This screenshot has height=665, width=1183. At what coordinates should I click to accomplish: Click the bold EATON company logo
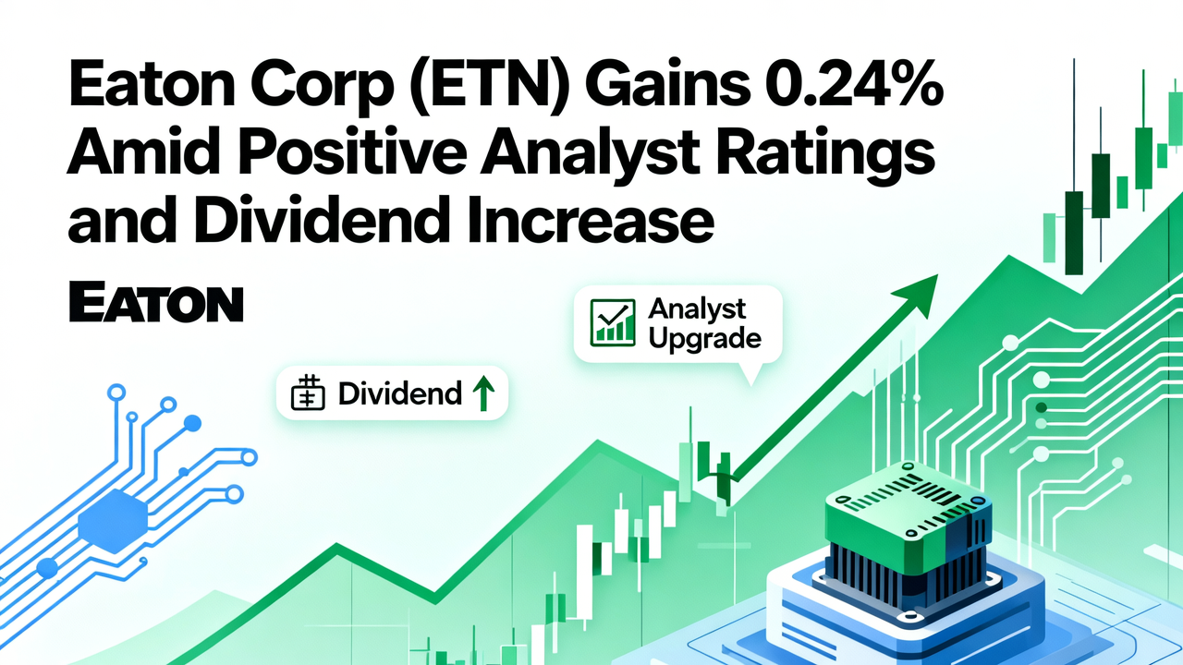(156, 304)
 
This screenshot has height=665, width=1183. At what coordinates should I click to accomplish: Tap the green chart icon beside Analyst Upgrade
(612, 322)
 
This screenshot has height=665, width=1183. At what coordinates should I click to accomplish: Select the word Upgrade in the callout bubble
(704, 338)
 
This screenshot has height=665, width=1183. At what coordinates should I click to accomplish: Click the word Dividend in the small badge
(399, 394)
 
